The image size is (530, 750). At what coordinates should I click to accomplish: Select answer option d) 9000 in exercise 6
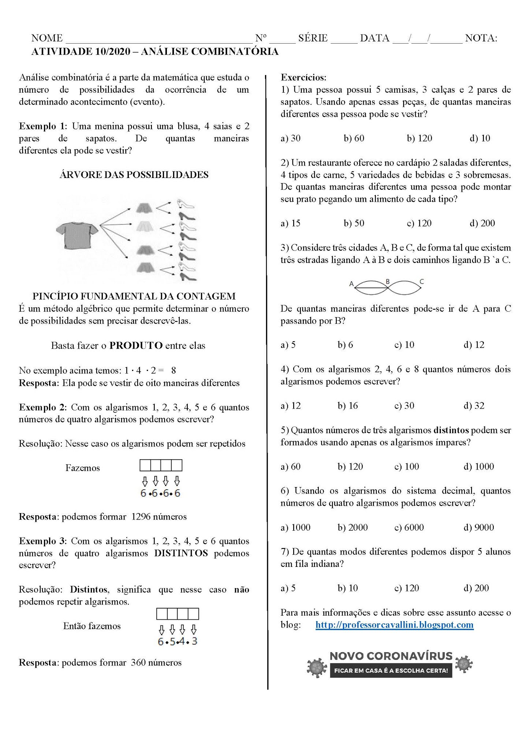tap(478, 527)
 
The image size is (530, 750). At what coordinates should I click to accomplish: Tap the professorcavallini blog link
tap(394, 625)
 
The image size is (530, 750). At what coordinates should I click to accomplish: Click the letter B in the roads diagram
tap(388, 282)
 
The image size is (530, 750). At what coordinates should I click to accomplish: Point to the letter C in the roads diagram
tap(422, 282)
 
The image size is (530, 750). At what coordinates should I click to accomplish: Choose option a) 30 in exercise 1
tap(291, 138)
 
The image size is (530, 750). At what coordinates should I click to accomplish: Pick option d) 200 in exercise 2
tap(482, 223)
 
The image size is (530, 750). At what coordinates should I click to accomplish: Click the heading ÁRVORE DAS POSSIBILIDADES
tap(134, 175)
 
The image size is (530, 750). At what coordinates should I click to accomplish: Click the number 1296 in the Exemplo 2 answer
tap(141, 517)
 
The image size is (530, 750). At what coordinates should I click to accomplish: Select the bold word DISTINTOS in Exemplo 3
tap(181, 553)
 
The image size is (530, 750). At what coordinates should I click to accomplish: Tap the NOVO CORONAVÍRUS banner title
tap(391, 656)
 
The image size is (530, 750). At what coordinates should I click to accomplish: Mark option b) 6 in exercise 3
tap(345, 345)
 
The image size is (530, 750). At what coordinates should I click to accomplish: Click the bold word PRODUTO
tap(136, 345)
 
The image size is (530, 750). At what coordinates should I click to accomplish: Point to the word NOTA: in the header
tap(481, 38)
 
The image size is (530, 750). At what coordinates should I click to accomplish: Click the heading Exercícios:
tap(303, 78)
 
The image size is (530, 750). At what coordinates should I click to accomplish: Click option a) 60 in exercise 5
tap(291, 467)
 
